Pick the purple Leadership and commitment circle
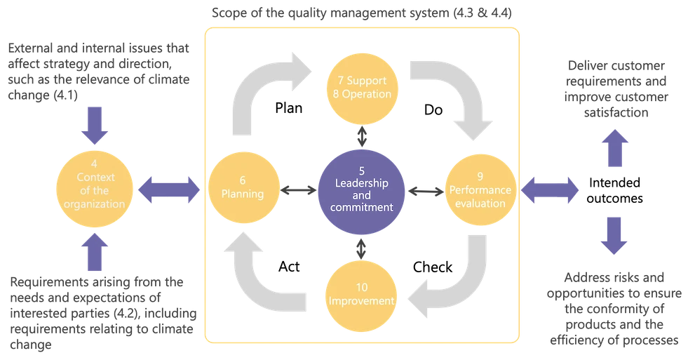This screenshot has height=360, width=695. point(361,187)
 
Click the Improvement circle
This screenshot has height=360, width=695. point(362,295)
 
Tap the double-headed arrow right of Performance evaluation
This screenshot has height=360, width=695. point(550,189)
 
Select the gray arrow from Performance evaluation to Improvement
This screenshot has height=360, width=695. point(459,284)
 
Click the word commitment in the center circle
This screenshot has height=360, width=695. point(361,207)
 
